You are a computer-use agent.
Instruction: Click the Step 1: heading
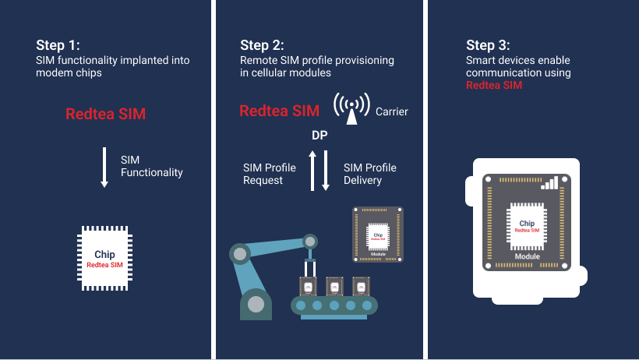(x=58, y=44)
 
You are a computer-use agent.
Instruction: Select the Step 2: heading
(x=262, y=44)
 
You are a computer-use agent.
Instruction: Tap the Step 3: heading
(x=488, y=44)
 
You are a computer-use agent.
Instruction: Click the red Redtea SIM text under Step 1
(x=105, y=115)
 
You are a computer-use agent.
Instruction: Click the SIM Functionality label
(x=151, y=166)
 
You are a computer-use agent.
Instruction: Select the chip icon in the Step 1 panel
(x=104, y=259)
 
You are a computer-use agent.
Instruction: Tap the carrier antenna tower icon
(x=351, y=109)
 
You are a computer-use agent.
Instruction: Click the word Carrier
(x=392, y=111)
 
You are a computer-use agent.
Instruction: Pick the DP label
(x=319, y=136)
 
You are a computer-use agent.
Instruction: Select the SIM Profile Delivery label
(x=370, y=174)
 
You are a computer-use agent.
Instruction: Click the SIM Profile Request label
(x=270, y=174)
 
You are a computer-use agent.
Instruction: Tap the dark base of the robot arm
(x=256, y=305)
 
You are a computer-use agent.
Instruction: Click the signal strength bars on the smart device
(x=552, y=182)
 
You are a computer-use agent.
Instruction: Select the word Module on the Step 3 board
(x=528, y=256)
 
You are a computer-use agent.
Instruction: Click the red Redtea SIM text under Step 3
(x=494, y=85)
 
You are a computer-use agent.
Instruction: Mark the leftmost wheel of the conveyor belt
(x=300, y=305)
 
